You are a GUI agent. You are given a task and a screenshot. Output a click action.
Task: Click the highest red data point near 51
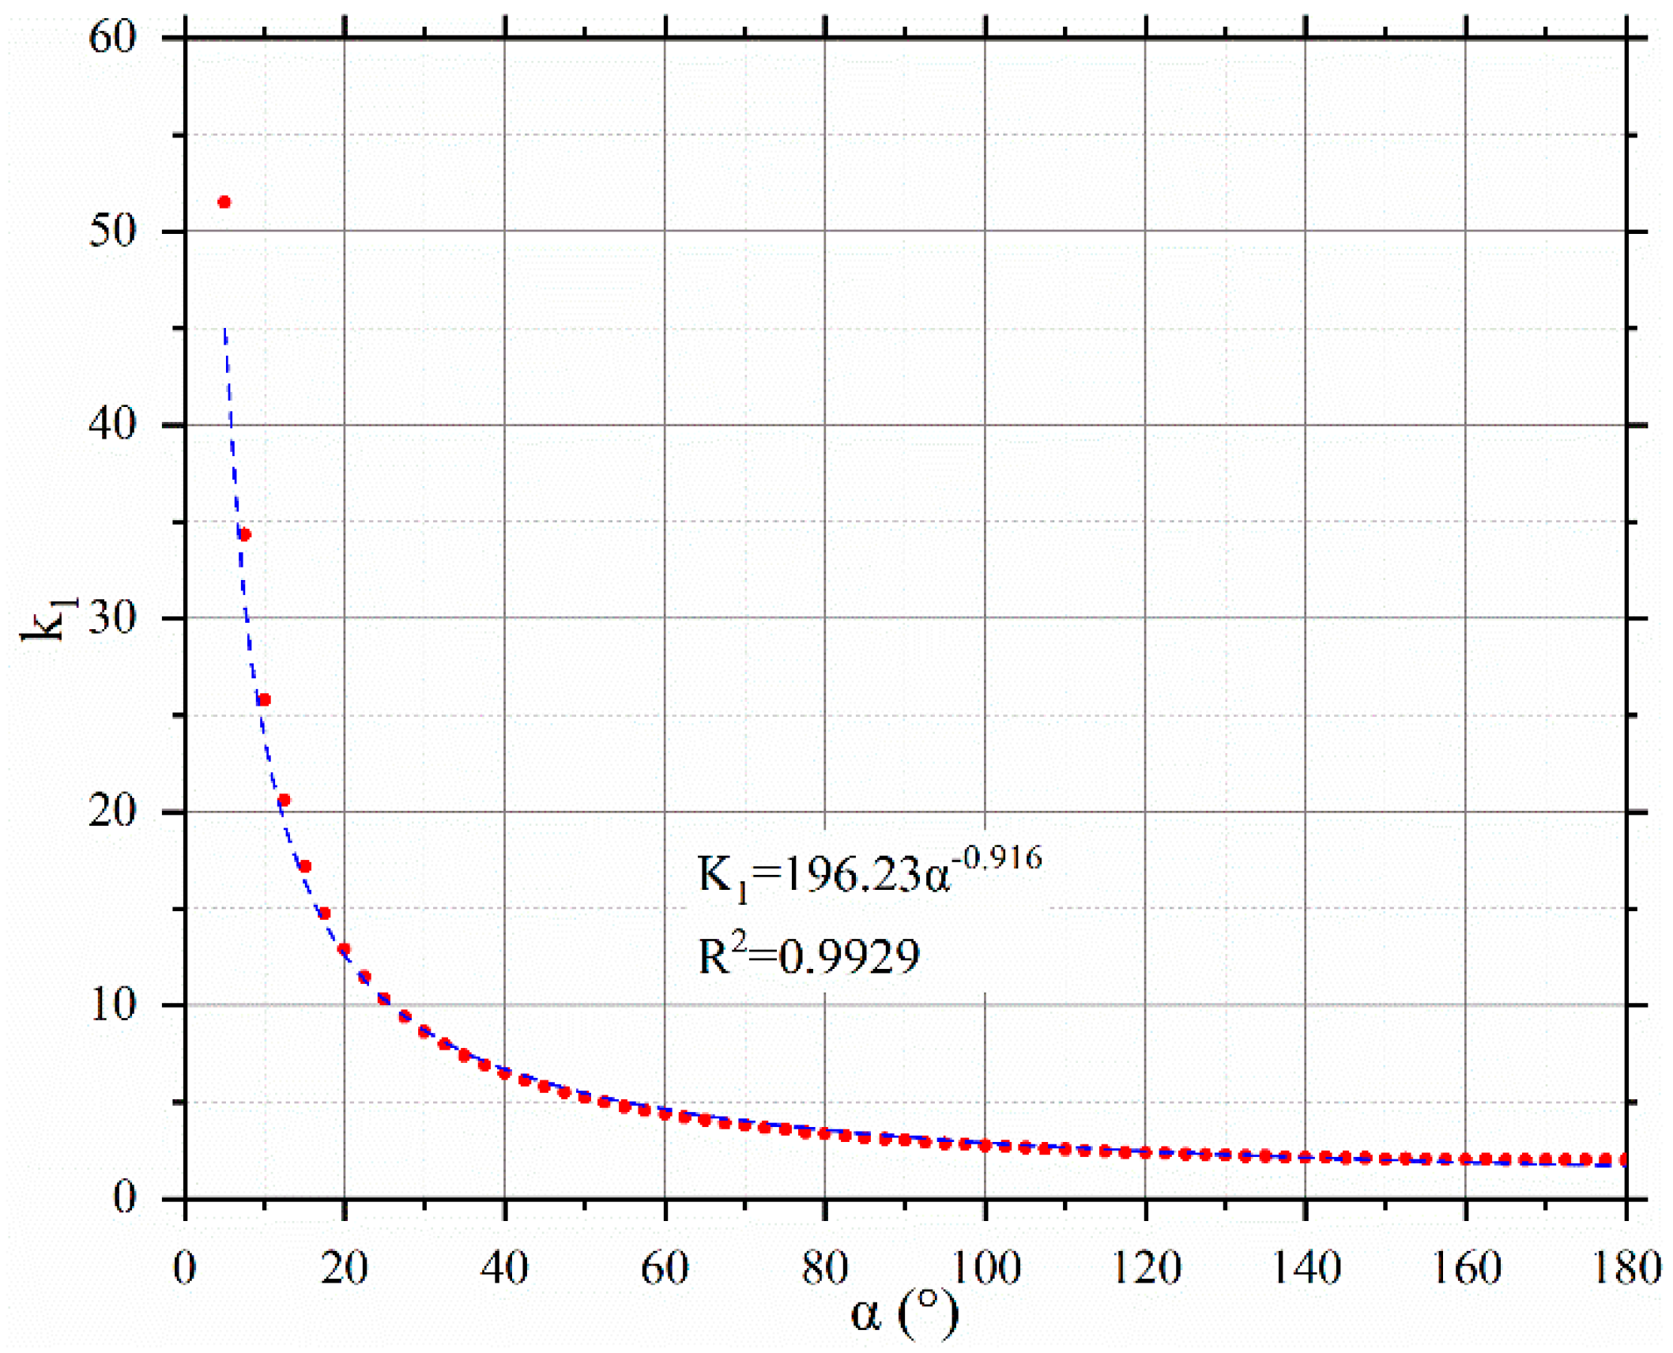224,202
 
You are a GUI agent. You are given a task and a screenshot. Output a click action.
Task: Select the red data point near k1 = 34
245,535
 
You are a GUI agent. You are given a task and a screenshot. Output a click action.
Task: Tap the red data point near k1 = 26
265,699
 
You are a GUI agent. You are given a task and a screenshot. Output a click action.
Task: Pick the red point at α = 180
1625,1159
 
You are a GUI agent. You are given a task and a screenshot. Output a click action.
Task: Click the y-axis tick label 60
112,37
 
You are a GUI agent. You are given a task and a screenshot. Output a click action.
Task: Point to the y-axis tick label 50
112,231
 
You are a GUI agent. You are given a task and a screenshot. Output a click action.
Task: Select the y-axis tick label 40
112,424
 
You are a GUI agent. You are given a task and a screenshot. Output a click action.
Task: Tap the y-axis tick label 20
112,812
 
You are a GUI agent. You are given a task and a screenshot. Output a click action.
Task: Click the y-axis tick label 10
112,1005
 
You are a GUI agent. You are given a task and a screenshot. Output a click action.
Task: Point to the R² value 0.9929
849,957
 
